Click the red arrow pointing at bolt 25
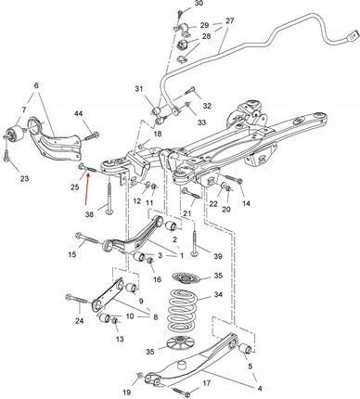click(87, 189)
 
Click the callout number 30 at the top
click(199, 4)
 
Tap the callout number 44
click(79, 114)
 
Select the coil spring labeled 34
click(183, 310)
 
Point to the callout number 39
click(218, 256)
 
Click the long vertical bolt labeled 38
click(109, 198)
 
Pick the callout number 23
click(24, 178)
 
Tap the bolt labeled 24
click(79, 300)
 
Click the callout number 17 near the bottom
click(207, 383)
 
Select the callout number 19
click(126, 393)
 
